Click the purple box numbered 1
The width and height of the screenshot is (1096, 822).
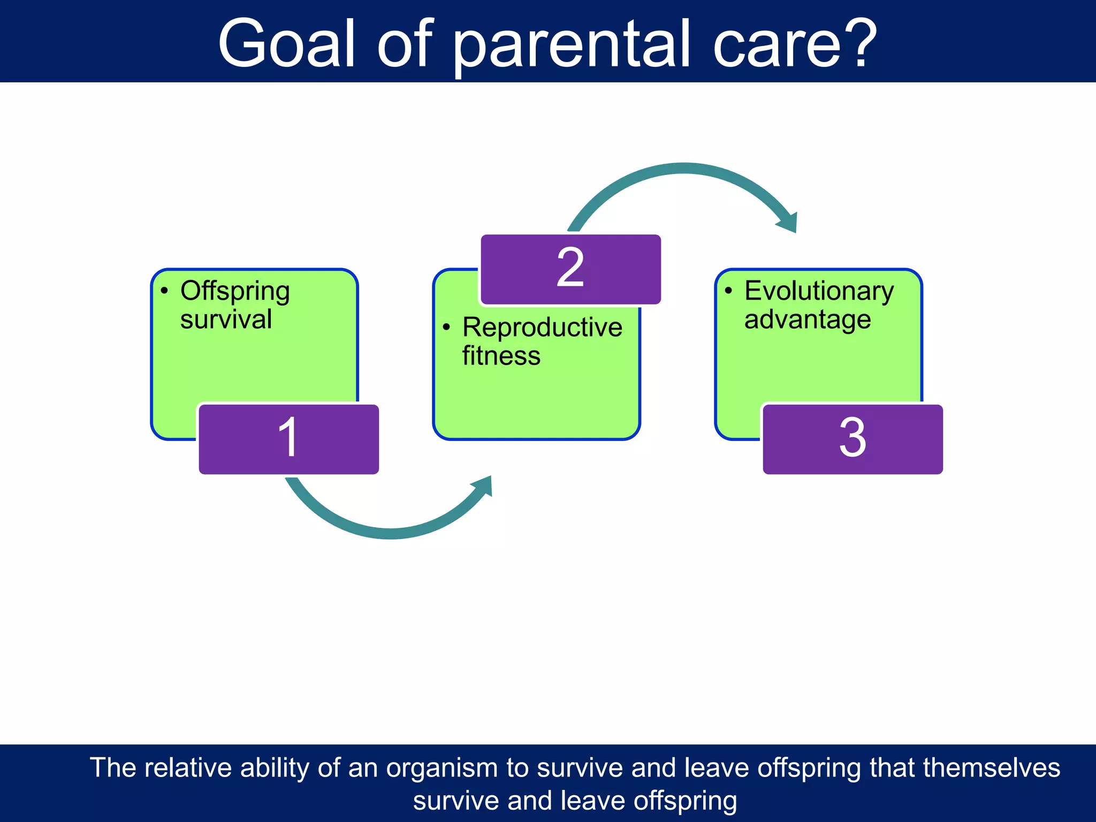click(x=289, y=439)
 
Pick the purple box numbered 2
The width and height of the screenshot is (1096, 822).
click(x=570, y=269)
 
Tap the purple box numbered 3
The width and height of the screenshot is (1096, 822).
click(x=853, y=439)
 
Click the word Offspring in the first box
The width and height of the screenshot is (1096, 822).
click(x=235, y=292)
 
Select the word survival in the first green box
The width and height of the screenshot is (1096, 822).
click(x=226, y=319)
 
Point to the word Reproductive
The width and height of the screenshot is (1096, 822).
click(x=542, y=328)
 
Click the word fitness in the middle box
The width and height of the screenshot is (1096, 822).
click(x=501, y=356)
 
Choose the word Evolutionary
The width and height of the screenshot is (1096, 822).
click(x=819, y=292)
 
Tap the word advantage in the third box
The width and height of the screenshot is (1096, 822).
click(x=808, y=319)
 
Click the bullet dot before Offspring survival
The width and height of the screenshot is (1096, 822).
click(x=164, y=291)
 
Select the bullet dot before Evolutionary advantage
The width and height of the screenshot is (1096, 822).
click(x=728, y=291)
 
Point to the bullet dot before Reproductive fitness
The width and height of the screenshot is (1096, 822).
click(x=446, y=326)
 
